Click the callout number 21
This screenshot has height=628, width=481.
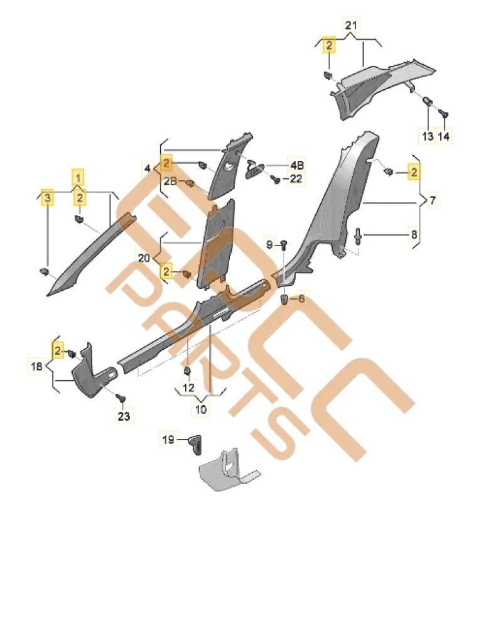[x=350, y=25]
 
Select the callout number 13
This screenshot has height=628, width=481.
[x=428, y=136]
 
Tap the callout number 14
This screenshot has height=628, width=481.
[x=444, y=136]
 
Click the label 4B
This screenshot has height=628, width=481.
[x=296, y=166]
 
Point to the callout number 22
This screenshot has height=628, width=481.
[x=296, y=180]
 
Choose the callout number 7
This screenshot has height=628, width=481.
[x=433, y=201]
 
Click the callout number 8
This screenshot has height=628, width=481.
[x=414, y=235]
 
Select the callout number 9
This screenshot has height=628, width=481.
[x=269, y=244]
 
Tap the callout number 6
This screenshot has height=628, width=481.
[x=301, y=299]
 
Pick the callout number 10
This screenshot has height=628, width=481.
[x=200, y=409]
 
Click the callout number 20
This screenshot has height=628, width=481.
[x=144, y=258]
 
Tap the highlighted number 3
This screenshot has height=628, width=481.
[x=46, y=199]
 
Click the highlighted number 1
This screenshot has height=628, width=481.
[x=78, y=178]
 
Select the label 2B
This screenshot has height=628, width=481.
[x=171, y=181]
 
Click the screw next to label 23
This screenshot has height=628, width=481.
[x=122, y=398]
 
